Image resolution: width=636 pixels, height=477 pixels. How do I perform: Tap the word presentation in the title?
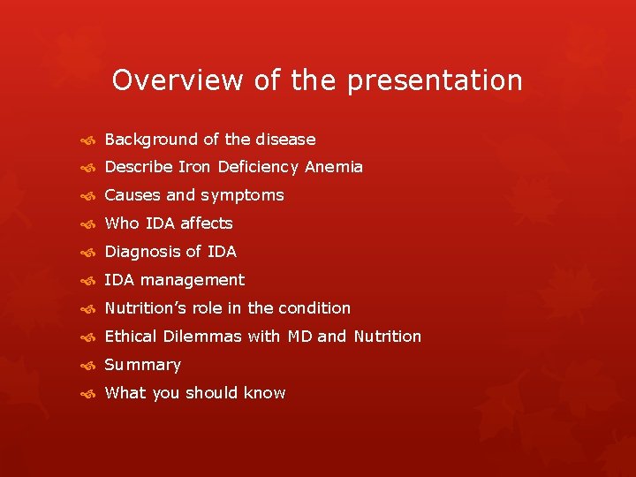coord(435,81)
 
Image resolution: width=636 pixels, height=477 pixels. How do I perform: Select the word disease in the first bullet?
coord(285,140)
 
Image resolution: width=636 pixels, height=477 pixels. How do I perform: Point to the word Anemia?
coord(334,167)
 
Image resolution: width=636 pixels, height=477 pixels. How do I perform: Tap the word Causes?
coord(132,195)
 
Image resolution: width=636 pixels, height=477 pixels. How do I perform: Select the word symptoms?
coord(242,196)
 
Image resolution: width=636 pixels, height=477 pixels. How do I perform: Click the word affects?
coord(207,223)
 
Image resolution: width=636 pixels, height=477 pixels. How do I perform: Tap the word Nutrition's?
coord(146,308)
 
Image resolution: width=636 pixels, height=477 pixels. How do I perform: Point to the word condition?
coord(314,308)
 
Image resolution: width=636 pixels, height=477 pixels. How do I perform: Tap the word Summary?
coord(142,365)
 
